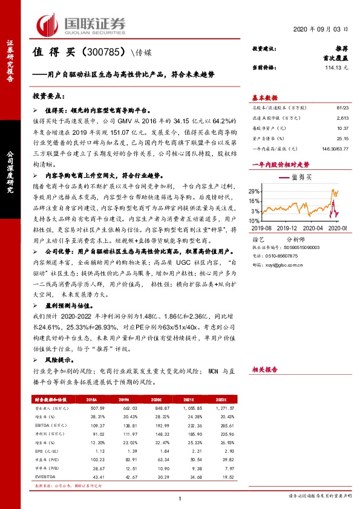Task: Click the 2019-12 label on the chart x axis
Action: coord(290,227)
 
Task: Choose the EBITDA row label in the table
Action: coord(44,427)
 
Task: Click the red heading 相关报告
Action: coord(264,368)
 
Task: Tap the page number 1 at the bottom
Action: coord(180,498)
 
